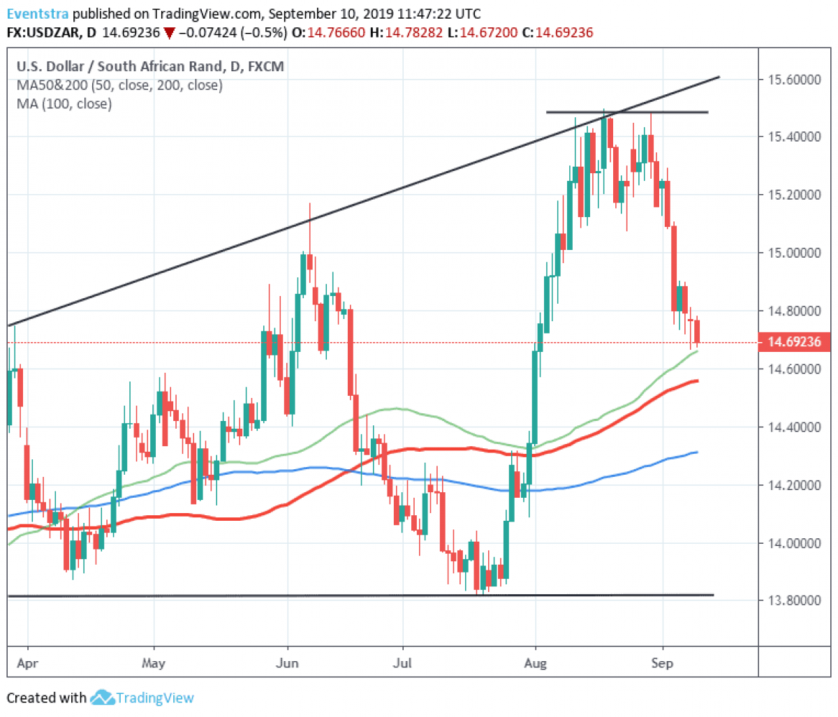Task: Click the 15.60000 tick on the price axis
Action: [x=794, y=80]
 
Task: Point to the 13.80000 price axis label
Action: [x=794, y=600]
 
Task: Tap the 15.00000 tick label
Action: [x=794, y=253]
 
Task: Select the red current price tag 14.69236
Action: [x=794, y=342]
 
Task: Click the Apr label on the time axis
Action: [x=27, y=663]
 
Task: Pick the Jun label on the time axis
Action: [x=287, y=663]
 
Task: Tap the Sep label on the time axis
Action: [x=662, y=663]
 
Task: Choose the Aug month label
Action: [x=535, y=663]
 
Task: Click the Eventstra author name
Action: [x=38, y=14]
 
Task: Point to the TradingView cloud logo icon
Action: [x=102, y=697]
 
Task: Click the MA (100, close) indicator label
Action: [x=64, y=104]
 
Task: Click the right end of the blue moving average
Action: [x=697, y=452]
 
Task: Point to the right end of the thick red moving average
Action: [x=697, y=380]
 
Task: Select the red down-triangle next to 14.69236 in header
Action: [x=168, y=33]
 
